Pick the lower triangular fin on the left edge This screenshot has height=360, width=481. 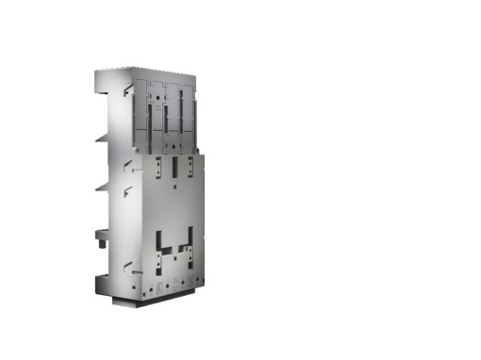point(102,187)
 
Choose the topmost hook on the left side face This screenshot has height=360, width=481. point(127,90)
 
